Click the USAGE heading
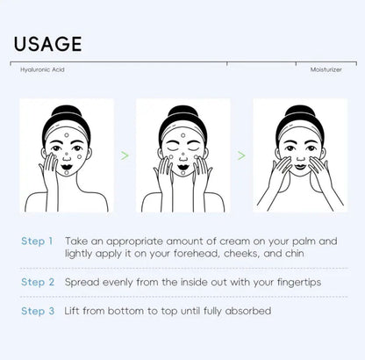(47, 44)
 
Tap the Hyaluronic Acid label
(42, 69)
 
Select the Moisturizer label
(326, 69)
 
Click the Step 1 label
(37, 241)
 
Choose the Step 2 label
(38, 282)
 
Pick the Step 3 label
(38, 311)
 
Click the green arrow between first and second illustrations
(125, 155)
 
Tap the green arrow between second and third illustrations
(241, 155)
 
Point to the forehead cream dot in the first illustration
(67, 135)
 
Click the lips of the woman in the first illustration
(67, 167)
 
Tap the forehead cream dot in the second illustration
(183, 135)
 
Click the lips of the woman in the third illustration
(300, 167)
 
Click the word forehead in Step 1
(196, 253)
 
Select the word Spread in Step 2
(82, 283)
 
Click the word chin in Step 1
(295, 253)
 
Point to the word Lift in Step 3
(71, 311)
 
